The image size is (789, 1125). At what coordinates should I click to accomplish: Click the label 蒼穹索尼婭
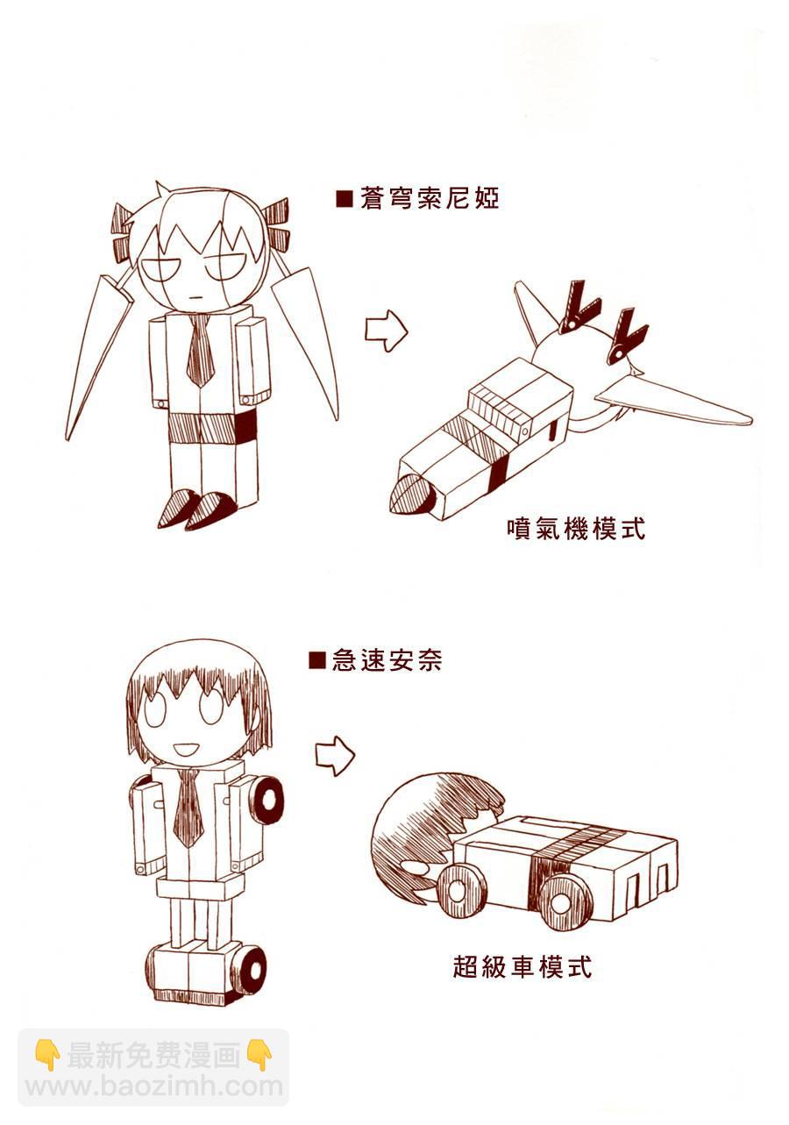click(430, 199)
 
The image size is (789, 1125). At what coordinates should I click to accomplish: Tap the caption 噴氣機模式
click(576, 529)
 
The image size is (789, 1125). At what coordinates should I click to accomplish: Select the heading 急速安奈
click(387, 660)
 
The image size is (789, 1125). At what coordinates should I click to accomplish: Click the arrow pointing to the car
click(335, 756)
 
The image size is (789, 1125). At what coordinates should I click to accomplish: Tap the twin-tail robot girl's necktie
click(200, 350)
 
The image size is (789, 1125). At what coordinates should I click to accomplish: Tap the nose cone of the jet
click(409, 493)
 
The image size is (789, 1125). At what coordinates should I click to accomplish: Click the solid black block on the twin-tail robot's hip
click(245, 426)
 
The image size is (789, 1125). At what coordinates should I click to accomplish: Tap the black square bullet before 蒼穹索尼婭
click(345, 200)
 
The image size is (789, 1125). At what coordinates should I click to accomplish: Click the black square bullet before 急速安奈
click(317, 660)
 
